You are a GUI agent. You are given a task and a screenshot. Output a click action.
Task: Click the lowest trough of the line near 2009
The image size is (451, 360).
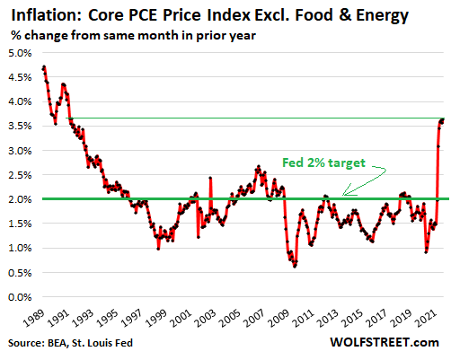(294, 267)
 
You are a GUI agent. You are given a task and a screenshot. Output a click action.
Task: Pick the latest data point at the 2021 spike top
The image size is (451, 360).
(444, 119)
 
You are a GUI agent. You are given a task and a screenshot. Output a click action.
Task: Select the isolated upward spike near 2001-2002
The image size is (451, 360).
(210, 178)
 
